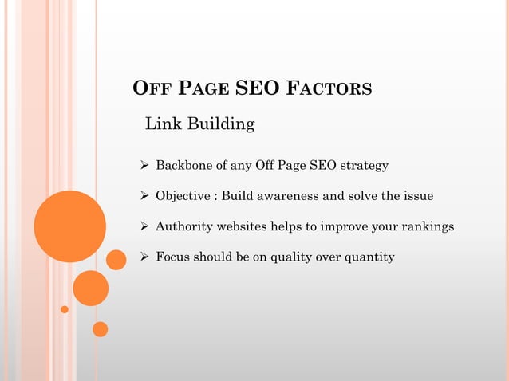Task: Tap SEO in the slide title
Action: [x=257, y=88]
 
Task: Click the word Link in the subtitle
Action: [x=160, y=124]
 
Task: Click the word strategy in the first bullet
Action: [x=365, y=166]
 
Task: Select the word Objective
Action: [x=184, y=196]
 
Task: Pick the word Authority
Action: [x=184, y=226]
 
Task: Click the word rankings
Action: [x=427, y=226]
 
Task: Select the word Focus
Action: [x=172, y=257]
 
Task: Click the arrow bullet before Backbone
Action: [x=144, y=166]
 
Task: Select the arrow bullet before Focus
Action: [x=144, y=257]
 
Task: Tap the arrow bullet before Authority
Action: [x=144, y=226]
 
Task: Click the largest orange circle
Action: [x=69, y=226]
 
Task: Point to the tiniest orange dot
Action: [x=65, y=309]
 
